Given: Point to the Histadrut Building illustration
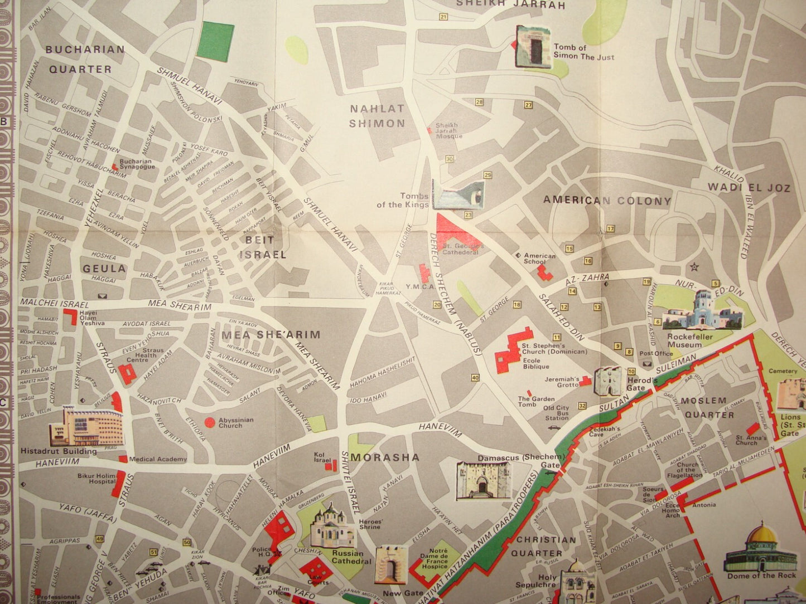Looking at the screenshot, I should (x=86, y=426).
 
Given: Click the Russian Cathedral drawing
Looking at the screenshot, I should (x=332, y=528).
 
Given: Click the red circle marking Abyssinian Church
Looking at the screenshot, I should (x=210, y=422).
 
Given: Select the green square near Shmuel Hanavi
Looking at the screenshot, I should (x=215, y=41).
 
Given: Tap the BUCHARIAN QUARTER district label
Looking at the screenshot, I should (x=85, y=59).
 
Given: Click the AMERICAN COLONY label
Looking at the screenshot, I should (x=607, y=201).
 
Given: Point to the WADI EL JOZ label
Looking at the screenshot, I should (x=749, y=188).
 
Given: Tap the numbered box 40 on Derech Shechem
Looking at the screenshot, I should (x=475, y=378).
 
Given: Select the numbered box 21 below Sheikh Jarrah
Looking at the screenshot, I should (x=443, y=17).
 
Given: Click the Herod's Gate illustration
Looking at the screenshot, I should (x=607, y=381).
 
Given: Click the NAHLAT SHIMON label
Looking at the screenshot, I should (x=377, y=116).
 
